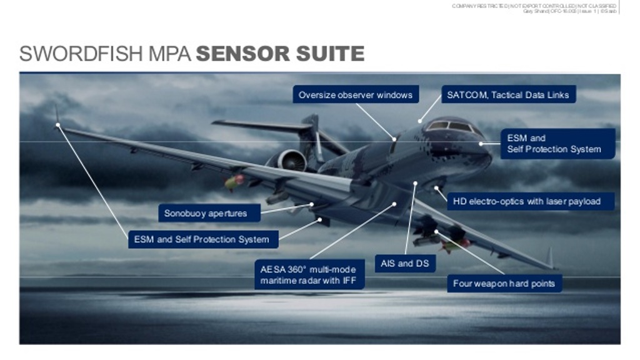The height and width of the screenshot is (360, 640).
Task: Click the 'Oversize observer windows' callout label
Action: click(x=355, y=95)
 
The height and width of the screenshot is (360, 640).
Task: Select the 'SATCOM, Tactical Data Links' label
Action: click(x=507, y=95)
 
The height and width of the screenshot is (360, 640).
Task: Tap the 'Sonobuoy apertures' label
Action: click(x=206, y=214)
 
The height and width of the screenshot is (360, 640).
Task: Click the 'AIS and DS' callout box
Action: click(x=404, y=264)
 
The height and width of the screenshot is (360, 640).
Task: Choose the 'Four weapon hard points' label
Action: click(x=504, y=284)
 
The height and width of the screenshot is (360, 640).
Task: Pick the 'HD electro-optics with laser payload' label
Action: click(x=526, y=201)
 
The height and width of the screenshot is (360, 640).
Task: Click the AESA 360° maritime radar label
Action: click(x=309, y=275)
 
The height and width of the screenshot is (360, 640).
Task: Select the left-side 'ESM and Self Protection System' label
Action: click(x=201, y=239)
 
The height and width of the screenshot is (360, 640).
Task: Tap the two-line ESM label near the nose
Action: click(x=554, y=144)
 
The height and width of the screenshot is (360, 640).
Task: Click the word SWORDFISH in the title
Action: click(x=81, y=54)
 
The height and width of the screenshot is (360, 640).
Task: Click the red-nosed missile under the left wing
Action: click(x=234, y=182)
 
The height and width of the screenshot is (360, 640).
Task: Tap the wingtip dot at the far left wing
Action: click(x=58, y=125)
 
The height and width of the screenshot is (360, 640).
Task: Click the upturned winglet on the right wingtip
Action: click(x=549, y=257)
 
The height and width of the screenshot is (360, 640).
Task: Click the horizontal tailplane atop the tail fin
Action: click(x=262, y=125)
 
